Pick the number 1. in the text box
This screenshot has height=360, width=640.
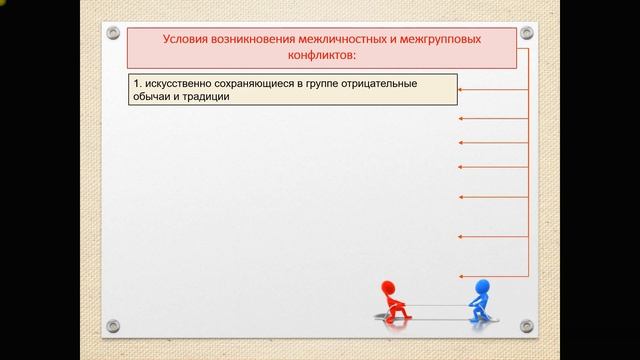(139, 84)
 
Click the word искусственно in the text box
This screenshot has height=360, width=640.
(179, 84)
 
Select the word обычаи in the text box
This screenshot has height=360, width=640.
(151, 97)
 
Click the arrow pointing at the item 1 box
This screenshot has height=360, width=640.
(490, 90)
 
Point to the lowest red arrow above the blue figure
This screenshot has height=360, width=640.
(490, 274)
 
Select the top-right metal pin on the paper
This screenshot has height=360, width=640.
(527, 34)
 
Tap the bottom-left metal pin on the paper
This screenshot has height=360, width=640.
(112, 325)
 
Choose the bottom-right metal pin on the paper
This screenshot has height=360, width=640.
(527, 325)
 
